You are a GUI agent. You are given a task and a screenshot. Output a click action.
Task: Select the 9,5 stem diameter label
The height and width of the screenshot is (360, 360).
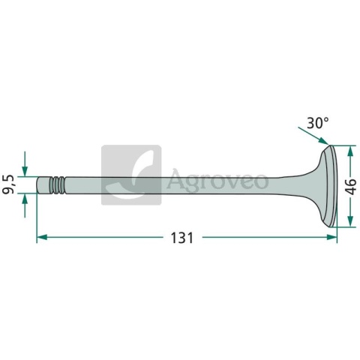tap(10, 184)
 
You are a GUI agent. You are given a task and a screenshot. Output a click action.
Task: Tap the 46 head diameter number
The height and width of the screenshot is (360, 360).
tap(350, 186)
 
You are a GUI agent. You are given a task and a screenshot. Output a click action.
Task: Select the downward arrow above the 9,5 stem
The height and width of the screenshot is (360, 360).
tap(25, 169)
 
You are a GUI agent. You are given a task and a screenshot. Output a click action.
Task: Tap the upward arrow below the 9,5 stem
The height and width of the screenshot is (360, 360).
tap(25, 198)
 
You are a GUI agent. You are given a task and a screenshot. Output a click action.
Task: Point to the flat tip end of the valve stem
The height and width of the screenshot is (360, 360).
tap(38, 184)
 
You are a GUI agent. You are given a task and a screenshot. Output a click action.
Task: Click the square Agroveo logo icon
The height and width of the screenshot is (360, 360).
tap(130, 175)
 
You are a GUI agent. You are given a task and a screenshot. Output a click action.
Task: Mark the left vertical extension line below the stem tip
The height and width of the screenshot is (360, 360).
tap(37, 217)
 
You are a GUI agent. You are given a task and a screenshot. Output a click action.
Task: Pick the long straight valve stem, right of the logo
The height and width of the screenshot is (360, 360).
tap(225, 184)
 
